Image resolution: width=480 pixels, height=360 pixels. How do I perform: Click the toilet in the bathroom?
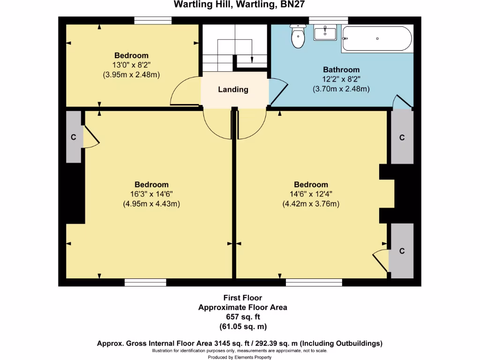[x=298, y=37]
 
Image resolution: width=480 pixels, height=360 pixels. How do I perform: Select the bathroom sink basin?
[x=325, y=33]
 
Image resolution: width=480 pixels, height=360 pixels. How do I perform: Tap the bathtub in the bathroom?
[x=377, y=38]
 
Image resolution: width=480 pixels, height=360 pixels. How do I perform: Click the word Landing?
[x=233, y=90]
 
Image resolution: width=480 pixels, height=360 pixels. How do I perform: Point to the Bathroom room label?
[x=341, y=70]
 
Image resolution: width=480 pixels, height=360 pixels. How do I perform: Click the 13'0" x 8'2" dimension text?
[x=132, y=65]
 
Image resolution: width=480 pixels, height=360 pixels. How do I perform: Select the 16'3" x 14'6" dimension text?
[x=151, y=194]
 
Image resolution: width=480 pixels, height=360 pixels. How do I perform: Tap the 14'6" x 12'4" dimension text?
[x=311, y=194]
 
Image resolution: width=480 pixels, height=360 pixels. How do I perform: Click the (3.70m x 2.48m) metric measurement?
[x=341, y=88]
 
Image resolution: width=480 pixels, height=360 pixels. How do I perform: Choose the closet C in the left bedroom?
[x=74, y=137]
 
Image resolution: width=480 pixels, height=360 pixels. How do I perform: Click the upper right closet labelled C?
[x=402, y=137]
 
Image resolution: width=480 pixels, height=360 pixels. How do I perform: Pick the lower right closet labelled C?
[x=402, y=251]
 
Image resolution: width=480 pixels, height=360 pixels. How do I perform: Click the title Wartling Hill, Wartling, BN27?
[x=240, y=5]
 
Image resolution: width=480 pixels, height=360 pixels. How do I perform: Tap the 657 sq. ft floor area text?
[x=242, y=317]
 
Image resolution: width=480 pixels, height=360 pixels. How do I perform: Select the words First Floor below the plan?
[x=242, y=298]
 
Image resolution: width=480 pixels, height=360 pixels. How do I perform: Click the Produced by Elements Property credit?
[x=240, y=357]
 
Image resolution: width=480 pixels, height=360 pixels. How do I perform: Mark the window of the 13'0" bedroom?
[x=152, y=20]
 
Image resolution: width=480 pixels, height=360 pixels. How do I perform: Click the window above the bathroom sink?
[x=328, y=20]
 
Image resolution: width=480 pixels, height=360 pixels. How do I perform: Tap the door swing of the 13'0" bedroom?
[x=185, y=92]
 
